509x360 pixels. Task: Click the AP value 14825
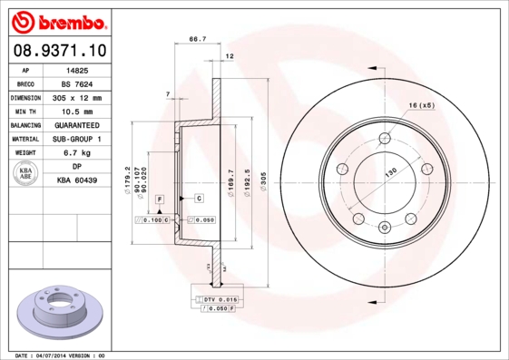77,69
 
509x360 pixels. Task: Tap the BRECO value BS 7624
77,83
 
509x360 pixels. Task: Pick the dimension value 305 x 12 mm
77,97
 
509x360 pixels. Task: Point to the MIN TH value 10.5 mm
77,111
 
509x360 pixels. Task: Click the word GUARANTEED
77,125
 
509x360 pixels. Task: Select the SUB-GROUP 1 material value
77,139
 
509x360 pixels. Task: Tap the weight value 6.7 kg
77,153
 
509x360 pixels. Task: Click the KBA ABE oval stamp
26,174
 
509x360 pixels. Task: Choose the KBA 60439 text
77,181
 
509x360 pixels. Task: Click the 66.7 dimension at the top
195,40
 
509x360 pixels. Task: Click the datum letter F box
160,197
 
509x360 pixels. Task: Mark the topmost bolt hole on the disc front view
386,138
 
